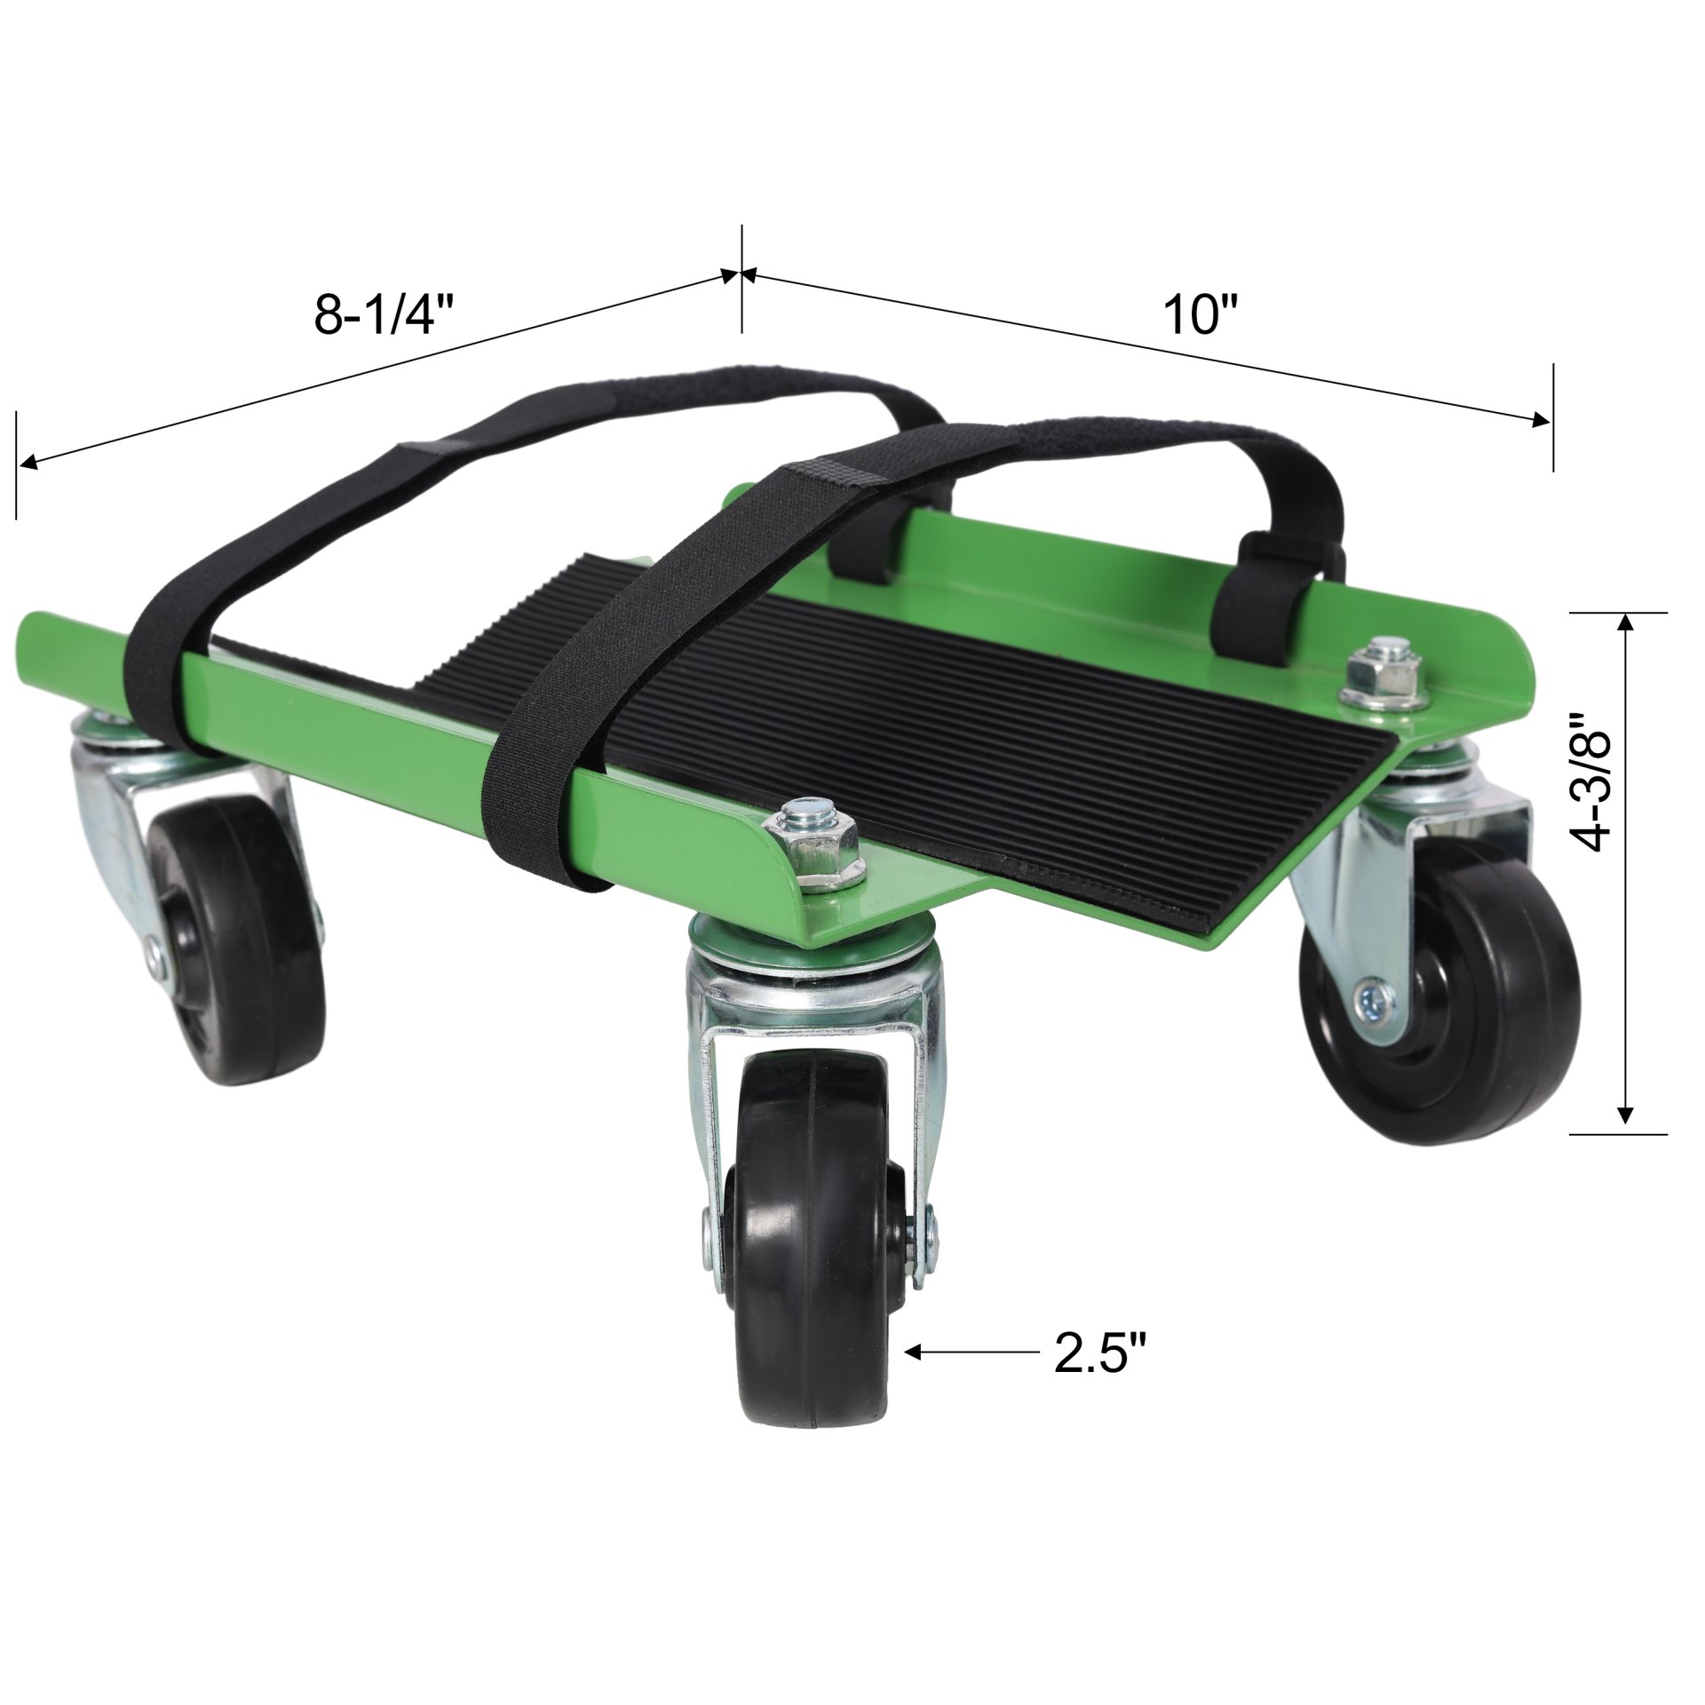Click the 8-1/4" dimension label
pyautogui.click(x=385, y=315)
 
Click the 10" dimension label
pyautogui.click(x=1201, y=315)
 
